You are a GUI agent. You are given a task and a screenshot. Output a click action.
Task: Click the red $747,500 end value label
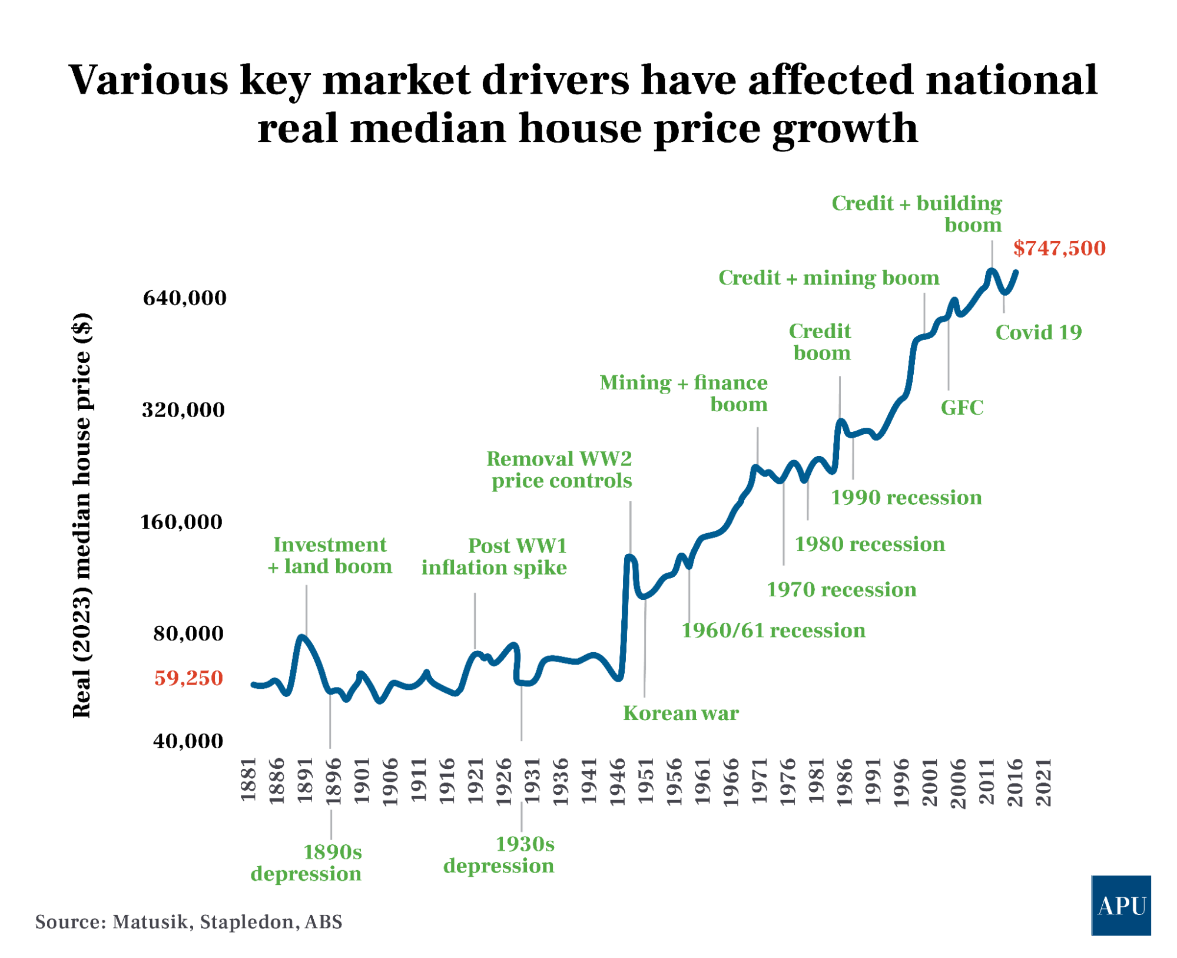(x=1059, y=248)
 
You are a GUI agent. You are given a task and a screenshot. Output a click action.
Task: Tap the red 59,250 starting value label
(x=188, y=678)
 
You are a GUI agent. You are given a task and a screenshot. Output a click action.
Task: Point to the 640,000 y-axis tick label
(x=184, y=298)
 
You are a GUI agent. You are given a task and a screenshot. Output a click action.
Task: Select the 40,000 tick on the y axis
(x=188, y=741)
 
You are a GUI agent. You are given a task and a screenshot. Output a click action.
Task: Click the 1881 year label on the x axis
(x=248, y=780)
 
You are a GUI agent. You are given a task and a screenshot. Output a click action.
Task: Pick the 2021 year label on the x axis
(x=1043, y=782)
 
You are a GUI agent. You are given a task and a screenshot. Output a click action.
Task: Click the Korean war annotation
(x=680, y=713)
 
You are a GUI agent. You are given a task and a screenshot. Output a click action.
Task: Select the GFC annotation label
(x=962, y=407)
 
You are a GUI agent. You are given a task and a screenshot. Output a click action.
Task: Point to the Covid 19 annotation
(x=1038, y=332)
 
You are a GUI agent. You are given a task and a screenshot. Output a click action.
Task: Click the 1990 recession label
(x=906, y=497)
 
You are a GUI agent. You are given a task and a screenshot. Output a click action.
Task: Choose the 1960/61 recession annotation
(x=773, y=630)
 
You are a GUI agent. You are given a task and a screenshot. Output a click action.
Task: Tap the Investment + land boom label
(x=330, y=555)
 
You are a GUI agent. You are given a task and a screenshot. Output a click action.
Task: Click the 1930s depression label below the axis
(x=499, y=855)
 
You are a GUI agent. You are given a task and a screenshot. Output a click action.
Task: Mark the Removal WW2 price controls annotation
(x=560, y=470)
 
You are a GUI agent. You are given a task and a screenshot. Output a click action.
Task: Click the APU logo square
(x=1120, y=905)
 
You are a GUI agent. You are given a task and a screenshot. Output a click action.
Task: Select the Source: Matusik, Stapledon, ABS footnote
(x=188, y=921)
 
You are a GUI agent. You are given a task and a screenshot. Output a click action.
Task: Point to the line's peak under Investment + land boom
(x=302, y=637)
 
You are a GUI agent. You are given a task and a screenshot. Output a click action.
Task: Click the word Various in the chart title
(x=148, y=80)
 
